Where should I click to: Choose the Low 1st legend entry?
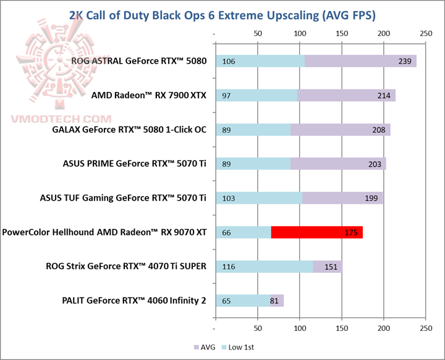(x=240, y=348)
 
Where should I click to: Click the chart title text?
(x=222, y=14)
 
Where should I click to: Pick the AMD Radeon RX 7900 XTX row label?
(x=148, y=95)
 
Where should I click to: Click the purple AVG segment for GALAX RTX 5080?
(x=340, y=130)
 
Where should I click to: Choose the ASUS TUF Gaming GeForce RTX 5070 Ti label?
(x=135, y=198)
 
